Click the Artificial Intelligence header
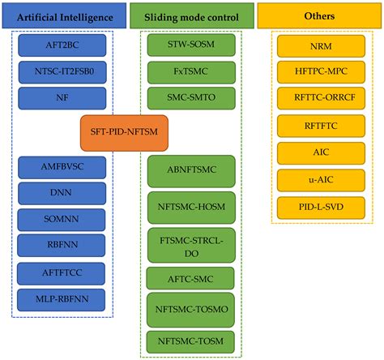tap(62, 16)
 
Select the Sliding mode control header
tap(191, 16)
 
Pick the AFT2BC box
tap(62, 47)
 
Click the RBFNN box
tap(62, 245)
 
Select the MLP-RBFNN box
tap(62, 298)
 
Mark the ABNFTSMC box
tap(191, 170)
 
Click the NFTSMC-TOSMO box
tap(191, 309)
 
